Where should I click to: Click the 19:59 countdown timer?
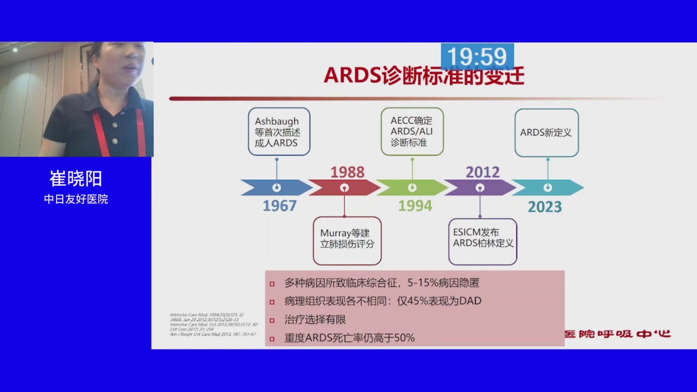[477, 57]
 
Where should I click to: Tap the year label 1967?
[280, 206]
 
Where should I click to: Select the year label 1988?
[347, 172]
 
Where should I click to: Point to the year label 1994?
[415, 206]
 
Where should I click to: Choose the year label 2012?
[482, 172]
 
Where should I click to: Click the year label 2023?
[545, 207]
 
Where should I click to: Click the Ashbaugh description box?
[279, 132]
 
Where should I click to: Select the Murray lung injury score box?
[347, 241]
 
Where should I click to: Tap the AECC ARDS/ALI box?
[412, 131]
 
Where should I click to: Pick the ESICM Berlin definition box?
[482, 241]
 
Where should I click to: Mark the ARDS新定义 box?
[546, 132]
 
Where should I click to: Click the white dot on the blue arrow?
[277, 188]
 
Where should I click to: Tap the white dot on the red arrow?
[345, 188]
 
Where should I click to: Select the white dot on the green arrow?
[412, 188]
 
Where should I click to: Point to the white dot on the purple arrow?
[480, 188]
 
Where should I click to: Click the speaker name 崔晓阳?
[76, 179]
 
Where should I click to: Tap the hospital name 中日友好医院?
[76, 199]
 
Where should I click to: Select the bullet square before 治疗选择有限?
[272, 320]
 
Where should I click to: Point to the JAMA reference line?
[204, 320]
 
